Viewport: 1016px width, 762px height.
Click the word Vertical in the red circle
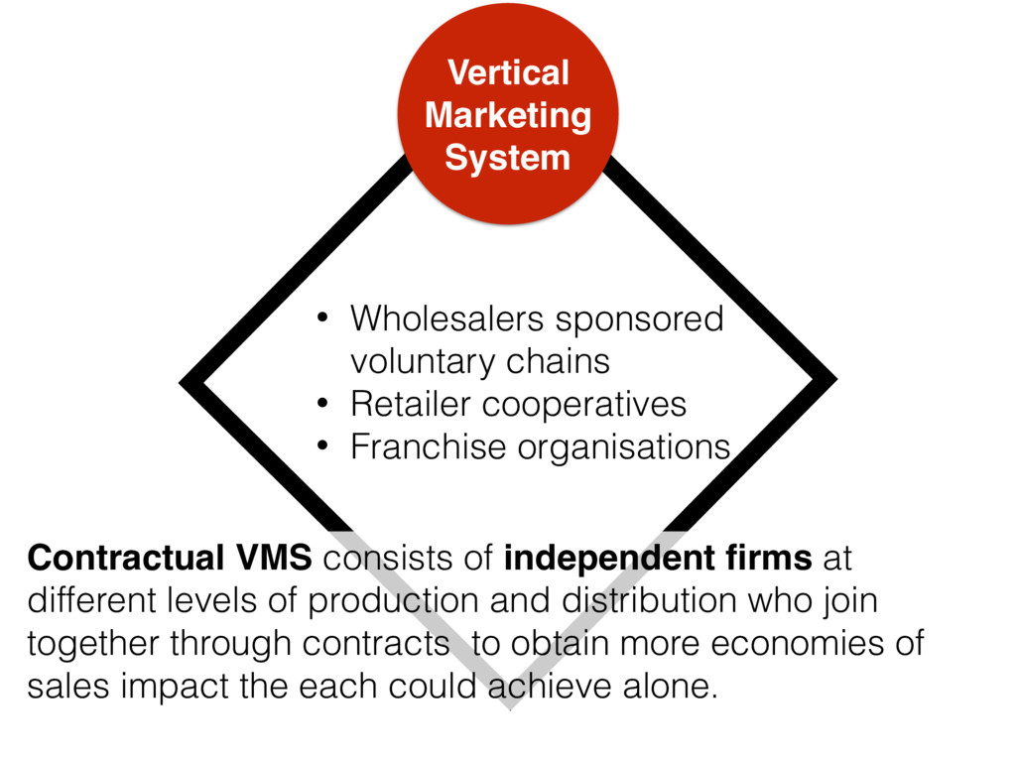point(507,72)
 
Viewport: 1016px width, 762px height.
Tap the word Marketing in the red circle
point(507,115)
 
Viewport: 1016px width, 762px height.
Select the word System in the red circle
point(507,158)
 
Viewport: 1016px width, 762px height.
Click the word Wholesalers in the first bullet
point(446,319)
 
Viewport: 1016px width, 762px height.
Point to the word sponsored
point(639,319)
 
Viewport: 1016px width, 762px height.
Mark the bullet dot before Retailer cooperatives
point(321,405)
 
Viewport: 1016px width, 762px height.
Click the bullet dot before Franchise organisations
point(321,447)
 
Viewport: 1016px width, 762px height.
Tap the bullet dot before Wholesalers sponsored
point(321,319)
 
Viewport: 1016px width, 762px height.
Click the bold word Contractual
point(126,560)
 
